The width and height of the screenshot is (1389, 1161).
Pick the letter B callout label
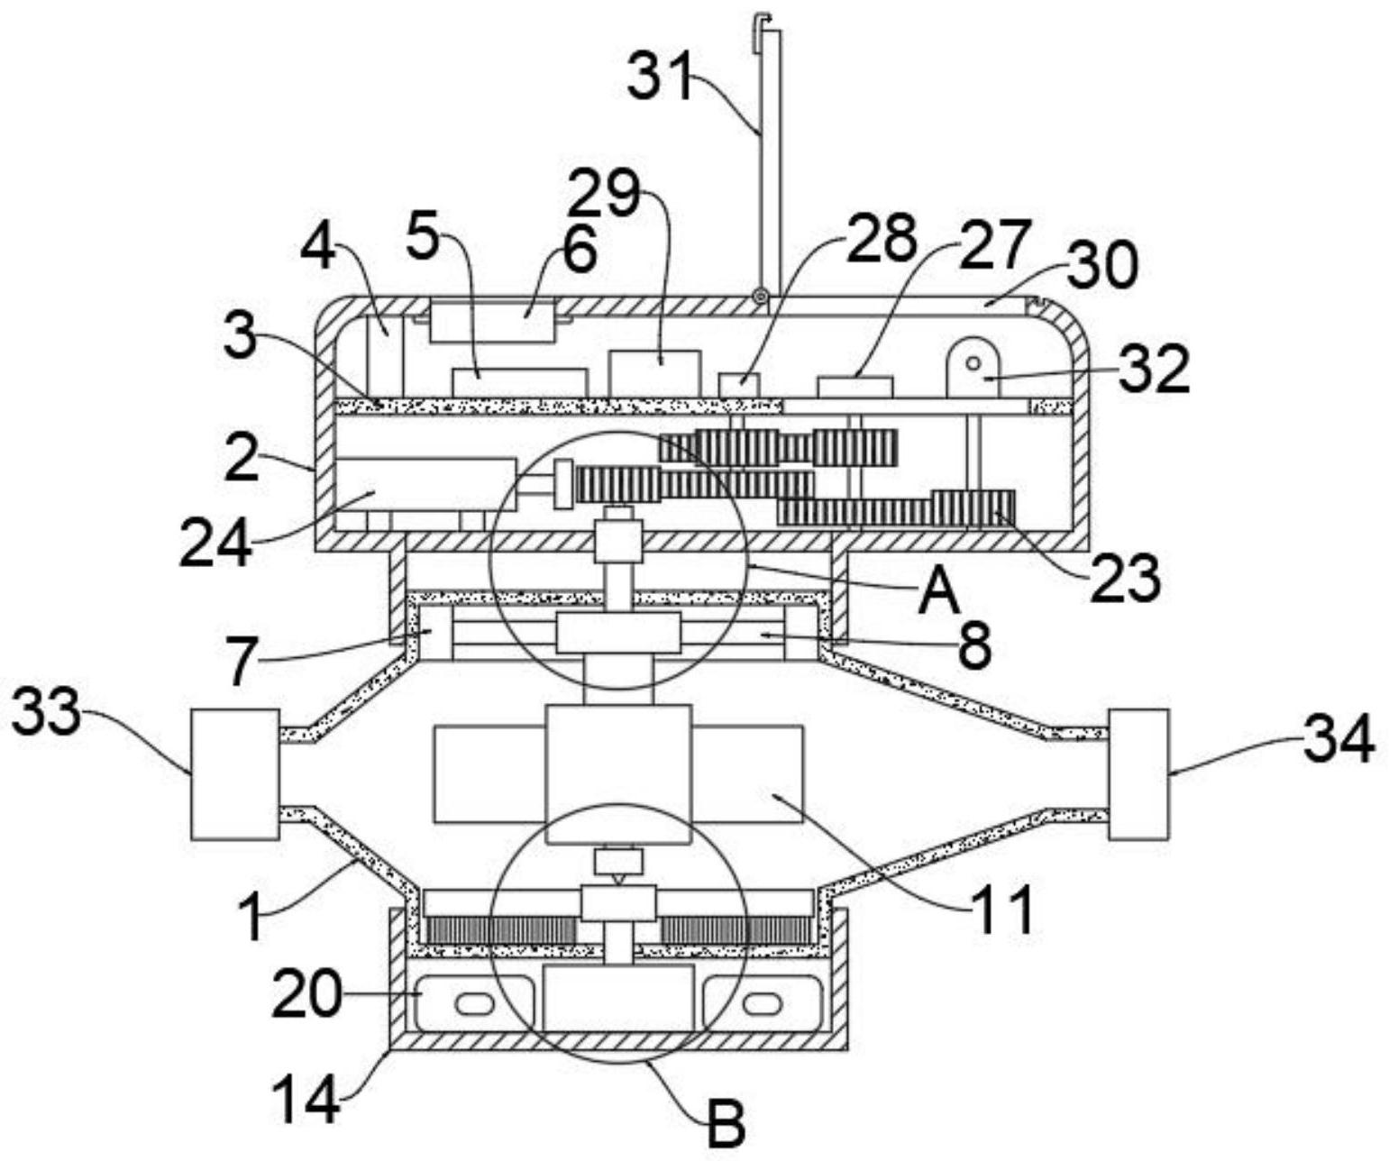click(725, 1124)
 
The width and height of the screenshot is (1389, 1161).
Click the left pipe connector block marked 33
click(235, 774)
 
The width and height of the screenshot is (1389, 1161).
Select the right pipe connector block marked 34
click(1138, 774)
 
